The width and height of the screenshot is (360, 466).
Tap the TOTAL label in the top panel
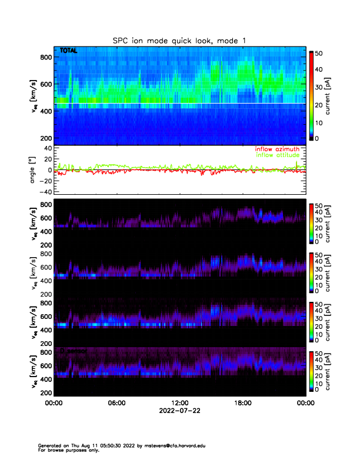tap(69, 51)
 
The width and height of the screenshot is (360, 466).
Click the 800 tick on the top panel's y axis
tap(46, 57)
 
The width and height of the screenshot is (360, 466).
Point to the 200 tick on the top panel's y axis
tap(46, 138)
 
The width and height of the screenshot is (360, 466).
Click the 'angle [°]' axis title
tap(34, 170)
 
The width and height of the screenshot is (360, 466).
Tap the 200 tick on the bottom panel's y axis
tap(46, 392)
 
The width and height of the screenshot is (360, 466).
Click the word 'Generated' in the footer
tap(49, 446)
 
